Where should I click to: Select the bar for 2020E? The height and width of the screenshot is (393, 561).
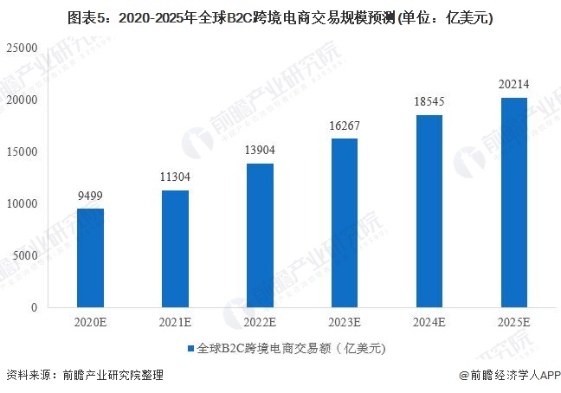click(90, 258)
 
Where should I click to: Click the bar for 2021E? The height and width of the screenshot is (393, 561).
click(175, 249)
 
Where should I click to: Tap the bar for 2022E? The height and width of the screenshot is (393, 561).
click(260, 235)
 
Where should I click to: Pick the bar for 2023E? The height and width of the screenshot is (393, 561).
click(345, 223)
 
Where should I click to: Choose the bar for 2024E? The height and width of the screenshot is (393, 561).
click(429, 211)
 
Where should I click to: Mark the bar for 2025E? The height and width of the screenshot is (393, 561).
click(514, 203)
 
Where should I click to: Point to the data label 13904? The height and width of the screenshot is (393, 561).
click(260, 151)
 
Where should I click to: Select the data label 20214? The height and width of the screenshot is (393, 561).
click(514, 84)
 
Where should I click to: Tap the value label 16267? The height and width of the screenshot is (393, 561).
click(345, 126)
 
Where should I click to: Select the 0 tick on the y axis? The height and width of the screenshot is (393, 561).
click(35, 307)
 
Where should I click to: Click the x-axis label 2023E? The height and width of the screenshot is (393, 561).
click(345, 323)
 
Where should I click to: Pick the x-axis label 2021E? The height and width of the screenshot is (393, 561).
click(175, 323)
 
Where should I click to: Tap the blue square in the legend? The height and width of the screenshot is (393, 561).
click(190, 350)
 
